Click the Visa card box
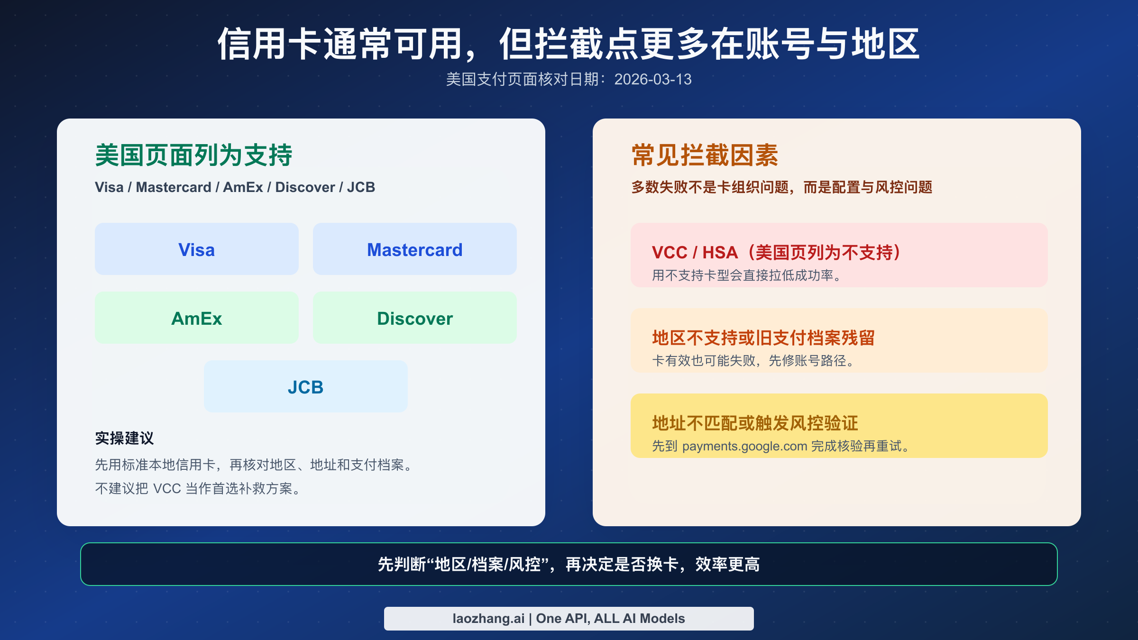[196, 249]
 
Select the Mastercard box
[414, 249]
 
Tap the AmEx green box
[196, 318]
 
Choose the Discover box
[414, 318]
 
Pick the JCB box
[305, 387]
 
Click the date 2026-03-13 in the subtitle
[652, 79]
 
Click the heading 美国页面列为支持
[193, 155]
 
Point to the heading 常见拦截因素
[705, 155]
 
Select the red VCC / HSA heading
[776, 252]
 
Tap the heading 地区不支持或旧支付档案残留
[763, 338]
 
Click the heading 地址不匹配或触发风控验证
[755, 423]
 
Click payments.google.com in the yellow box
[744, 446]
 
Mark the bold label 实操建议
[124, 438]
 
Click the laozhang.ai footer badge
[569, 618]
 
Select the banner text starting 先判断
[569, 564]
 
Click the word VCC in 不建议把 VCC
[167, 488]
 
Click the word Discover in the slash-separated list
[305, 187]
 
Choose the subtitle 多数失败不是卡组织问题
[781, 187]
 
